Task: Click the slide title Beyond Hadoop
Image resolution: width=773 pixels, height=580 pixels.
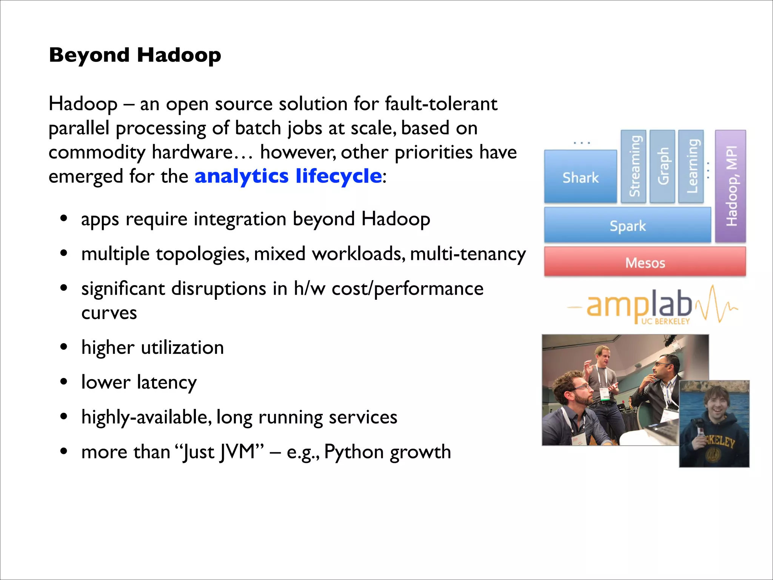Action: click(135, 55)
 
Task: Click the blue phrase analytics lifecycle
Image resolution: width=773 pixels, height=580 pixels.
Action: click(288, 176)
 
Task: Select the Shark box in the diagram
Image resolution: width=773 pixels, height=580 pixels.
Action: click(581, 177)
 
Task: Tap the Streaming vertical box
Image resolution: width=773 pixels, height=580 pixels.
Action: click(634, 166)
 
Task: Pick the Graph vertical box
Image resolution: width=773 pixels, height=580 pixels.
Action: click(662, 166)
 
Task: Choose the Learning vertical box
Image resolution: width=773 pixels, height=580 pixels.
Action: click(691, 166)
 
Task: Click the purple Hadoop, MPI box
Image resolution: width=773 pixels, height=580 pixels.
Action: click(731, 186)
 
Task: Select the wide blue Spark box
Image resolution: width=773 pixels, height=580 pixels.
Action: click(628, 226)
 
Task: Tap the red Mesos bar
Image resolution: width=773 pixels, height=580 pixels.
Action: click(645, 262)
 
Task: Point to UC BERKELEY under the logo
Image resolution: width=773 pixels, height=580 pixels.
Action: click(665, 322)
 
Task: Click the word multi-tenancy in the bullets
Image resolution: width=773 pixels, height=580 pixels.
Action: click(468, 254)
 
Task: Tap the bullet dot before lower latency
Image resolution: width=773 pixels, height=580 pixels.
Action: click(64, 382)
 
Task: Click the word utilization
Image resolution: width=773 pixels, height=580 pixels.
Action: click(182, 347)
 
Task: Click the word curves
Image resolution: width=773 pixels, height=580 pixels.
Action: click(109, 313)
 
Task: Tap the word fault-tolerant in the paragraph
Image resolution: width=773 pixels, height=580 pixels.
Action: click(441, 104)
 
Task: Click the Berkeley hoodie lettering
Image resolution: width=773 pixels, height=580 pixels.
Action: click(721, 442)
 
